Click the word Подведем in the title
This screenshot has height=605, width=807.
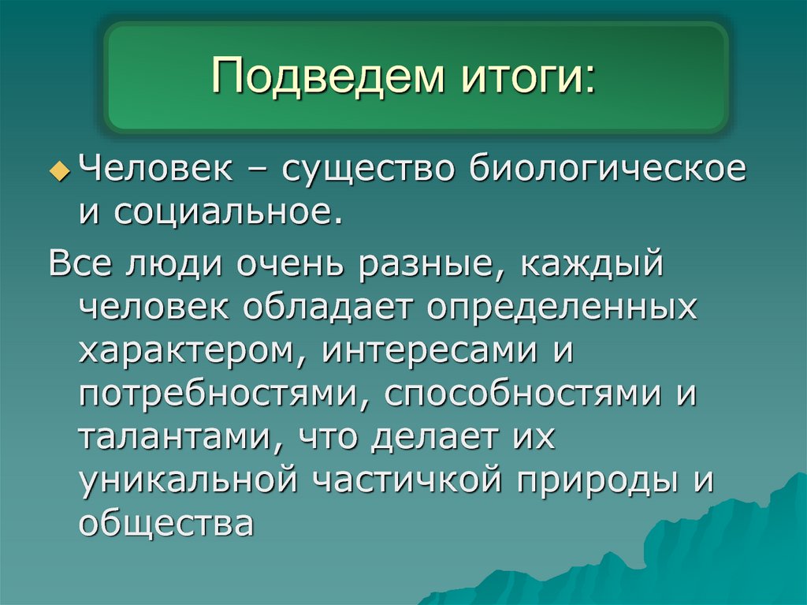324,79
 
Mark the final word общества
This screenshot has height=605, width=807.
165,521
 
